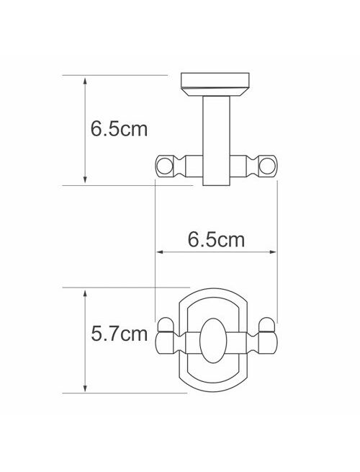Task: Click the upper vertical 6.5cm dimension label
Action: point(119,129)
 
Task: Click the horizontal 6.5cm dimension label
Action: point(216,240)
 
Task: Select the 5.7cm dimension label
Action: point(119,334)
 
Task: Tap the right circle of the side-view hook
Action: point(267,166)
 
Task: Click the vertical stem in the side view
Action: point(216,141)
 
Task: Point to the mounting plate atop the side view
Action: point(215,84)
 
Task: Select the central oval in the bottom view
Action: point(213,340)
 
